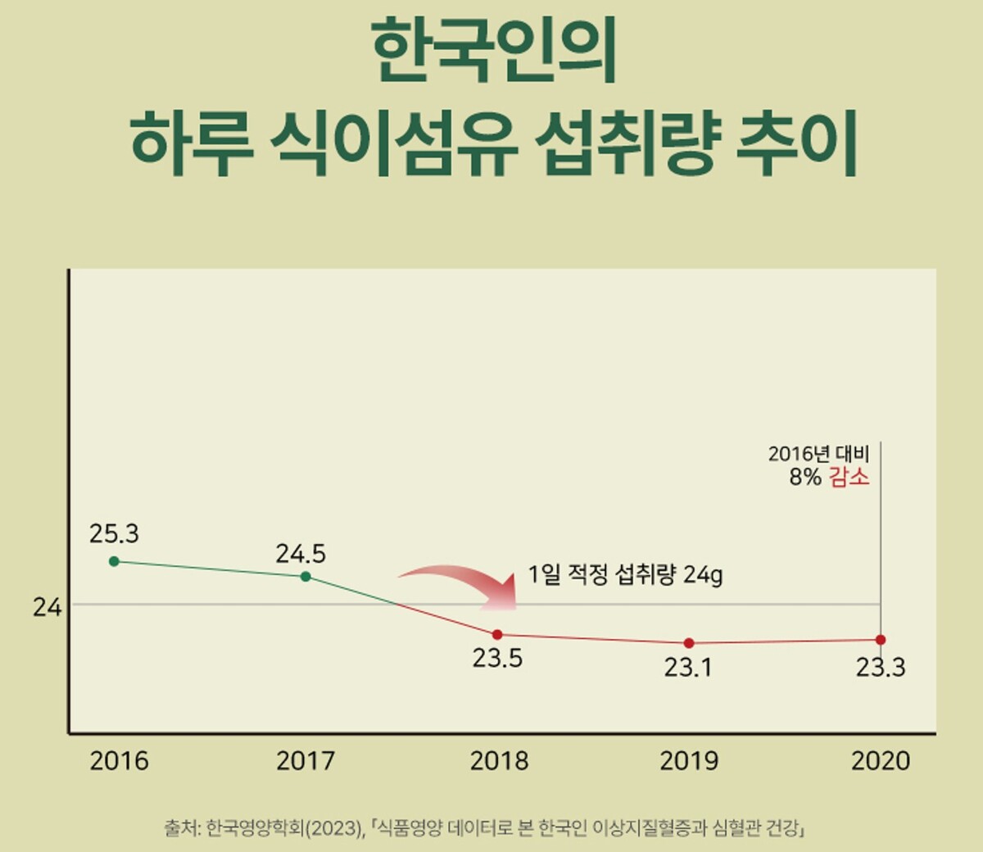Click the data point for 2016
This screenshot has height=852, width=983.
click(x=114, y=561)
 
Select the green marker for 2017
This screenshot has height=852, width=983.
click(x=306, y=577)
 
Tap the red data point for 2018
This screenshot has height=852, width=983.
click(x=497, y=635)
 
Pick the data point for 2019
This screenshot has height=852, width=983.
click(x=689, y=643)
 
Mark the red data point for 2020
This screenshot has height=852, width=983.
click(x=881, y=640)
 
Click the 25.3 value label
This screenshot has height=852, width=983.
click(x=114, y=534)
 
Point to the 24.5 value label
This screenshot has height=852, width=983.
click(x=301, y=555)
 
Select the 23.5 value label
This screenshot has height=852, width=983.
click(x=497, y=659)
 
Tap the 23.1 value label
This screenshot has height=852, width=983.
click(x=688, y=668)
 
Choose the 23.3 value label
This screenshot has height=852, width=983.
click(x=881, y=668)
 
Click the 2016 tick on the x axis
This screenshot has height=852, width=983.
click(x=120, y=761)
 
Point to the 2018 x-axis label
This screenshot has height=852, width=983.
click(x=499, y=761)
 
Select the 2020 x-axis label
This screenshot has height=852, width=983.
click(x=881, y=761)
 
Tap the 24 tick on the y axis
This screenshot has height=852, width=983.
click(x=48, y=608)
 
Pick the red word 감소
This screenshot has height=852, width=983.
click(x=849, y=477)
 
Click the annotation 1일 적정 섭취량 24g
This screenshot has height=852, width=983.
click(x=625, y=575)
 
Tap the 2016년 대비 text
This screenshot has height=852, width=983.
click(x=818, y=454)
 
